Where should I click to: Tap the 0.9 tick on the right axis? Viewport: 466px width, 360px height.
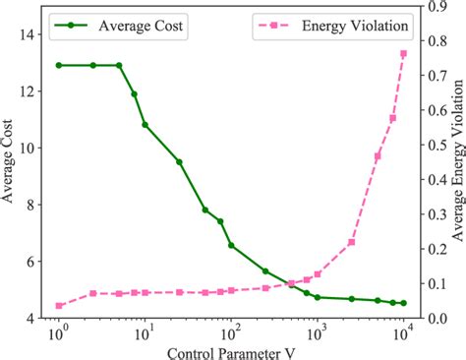[x=438, y=7]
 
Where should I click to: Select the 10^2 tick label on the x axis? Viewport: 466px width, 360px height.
[x=232, y=334]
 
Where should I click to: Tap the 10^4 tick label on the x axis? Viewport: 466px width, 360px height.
[x=403, y=334]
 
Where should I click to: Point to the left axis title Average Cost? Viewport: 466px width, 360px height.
[x=9, y=162]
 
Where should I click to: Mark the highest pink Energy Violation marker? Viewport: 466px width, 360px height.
[x=403, y=53]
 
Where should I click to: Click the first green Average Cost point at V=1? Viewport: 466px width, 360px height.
[x=59, y=65]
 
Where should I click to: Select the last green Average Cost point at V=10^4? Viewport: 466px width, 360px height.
[x=403, y=303]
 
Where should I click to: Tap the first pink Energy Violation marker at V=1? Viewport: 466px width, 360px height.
[x=59, y=306]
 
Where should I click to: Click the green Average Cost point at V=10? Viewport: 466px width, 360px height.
[x=145, y=125]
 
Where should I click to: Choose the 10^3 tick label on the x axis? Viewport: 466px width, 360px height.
[x=318, y=334]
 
